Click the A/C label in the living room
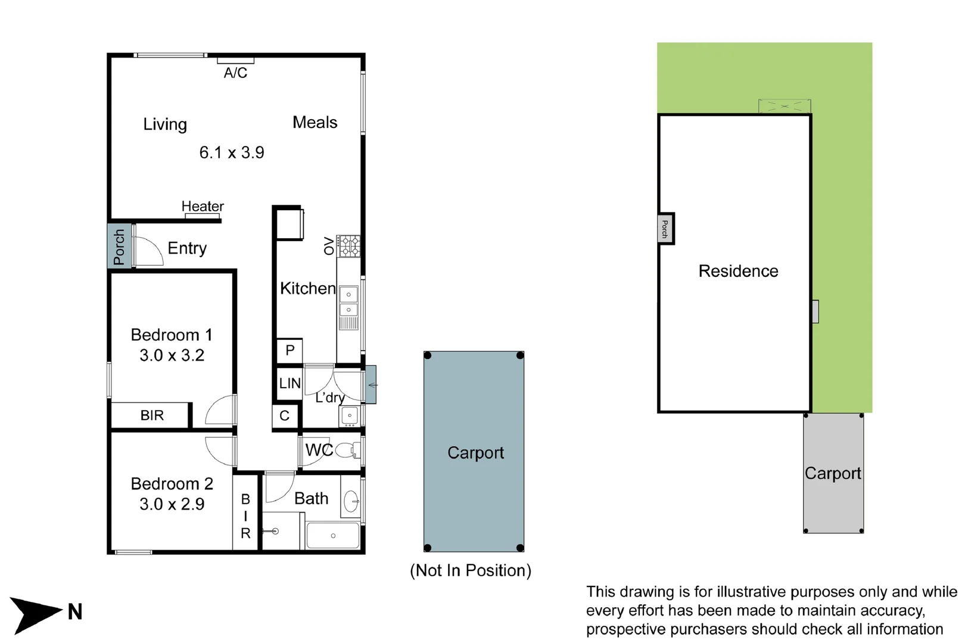click(235, 73)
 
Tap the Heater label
click(203, 207)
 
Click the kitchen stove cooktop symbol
click(349, 246)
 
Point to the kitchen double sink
click(348, 302)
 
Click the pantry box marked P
click(290, 351)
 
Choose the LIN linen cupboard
click(290, 383)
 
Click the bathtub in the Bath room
click(332, 536)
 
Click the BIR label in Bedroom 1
click(152, 416)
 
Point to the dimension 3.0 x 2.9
click(172, 504)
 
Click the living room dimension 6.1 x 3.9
click(232, 152)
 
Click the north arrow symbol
click(36, 613)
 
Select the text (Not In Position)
click(471, 570)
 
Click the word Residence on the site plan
click(738, 271)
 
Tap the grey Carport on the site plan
click(833, 473)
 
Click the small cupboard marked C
click(285, 416)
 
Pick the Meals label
click(315, 123)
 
